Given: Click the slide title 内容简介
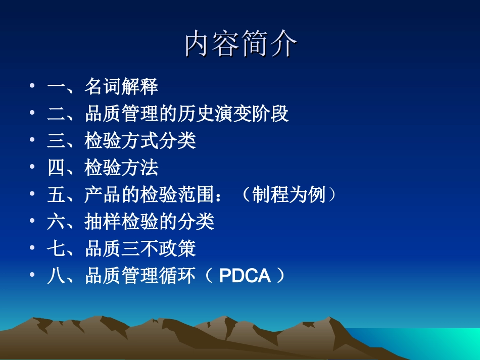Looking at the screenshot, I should (x=241, y=44).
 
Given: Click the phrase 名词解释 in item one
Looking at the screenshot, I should (x=121, y=87).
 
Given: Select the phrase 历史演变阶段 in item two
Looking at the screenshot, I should (x=233, y=114).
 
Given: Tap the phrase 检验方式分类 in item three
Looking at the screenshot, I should (x=140, y=141).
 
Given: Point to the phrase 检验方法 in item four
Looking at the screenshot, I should (x=121, y=168).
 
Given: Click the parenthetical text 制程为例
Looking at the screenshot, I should (x=289, y=195).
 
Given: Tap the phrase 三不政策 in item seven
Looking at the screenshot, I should (x=159, y=249).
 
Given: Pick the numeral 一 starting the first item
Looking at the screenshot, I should (x=56, y=87).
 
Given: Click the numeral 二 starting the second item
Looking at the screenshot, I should (x=56, y=114).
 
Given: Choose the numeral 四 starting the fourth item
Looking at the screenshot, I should (x=56, y=168).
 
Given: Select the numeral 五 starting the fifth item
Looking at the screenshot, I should (x=56, y=195).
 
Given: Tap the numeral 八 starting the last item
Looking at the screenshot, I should (x=56, y=276).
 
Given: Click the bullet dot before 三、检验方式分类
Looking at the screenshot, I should (x=33, y=141).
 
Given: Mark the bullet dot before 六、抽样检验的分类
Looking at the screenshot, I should (x=33, y=222).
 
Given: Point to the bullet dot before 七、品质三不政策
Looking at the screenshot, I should (x=33, y=249).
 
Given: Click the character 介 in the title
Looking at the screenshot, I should (x=283, y=44).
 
